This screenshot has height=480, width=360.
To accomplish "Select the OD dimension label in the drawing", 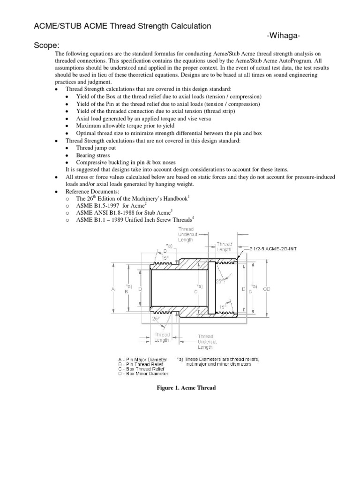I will pos(266,290).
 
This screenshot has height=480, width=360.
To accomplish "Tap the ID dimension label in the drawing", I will pos(140,290).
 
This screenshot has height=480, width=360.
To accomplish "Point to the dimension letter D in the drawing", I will pos(243,290).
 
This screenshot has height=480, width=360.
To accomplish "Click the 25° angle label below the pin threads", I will pos(156,318).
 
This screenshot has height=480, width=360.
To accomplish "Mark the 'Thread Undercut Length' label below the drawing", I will pos(205,342).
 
